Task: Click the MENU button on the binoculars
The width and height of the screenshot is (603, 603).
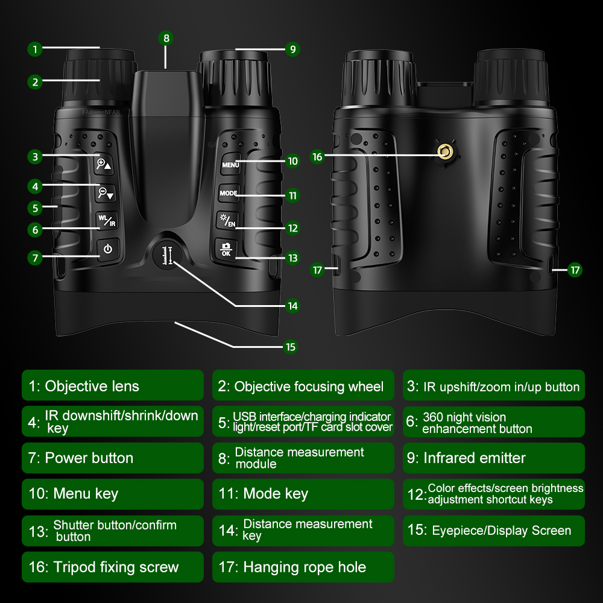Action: (x=231, y=165)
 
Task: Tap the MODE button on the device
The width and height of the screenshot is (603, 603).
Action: (x=229, y=193)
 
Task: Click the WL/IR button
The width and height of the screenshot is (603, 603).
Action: (x=107, y=220)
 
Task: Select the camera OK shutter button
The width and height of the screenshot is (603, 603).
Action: (x=226, y=250)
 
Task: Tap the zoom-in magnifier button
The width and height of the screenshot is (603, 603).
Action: (x=104, y=164)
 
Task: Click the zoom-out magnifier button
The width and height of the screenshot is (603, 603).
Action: (x=106, y=193)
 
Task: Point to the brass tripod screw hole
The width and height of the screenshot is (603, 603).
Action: (x=446, y=152)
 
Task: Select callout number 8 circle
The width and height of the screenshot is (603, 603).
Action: (x=166, y=38)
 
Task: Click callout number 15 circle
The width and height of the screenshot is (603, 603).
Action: (x=291, y=347)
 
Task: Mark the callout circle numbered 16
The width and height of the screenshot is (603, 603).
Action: (x=317, y=157)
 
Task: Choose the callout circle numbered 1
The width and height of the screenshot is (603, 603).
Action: (x=35, y=49)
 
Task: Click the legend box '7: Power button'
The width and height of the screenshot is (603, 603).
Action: (x=113, y=458)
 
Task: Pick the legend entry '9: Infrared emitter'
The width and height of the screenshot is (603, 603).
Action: (x=494, y=458)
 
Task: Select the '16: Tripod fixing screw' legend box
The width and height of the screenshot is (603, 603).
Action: (x=113, y=567)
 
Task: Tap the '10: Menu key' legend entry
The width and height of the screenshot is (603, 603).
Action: (x=113, y=494)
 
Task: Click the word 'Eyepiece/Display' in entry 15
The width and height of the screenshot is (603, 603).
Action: (x=480, y=531)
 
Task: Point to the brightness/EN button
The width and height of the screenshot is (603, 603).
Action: (x=227, y=221)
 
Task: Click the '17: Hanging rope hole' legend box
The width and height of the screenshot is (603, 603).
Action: (x=303, y=567)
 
